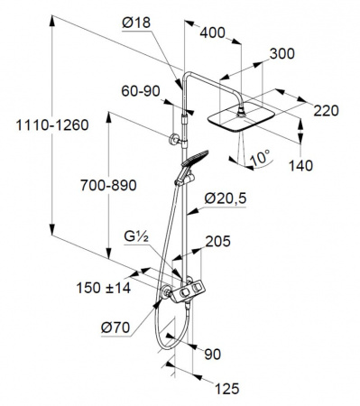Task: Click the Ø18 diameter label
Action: tap(136, 23)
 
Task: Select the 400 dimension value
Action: tap(212, 32)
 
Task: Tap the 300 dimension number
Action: tap(282, 54)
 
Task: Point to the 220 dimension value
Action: tap(326, 111)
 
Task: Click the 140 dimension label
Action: tap(300, 165)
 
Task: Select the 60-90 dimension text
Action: tap(141, 91)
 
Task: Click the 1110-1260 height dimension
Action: tap(52, 125)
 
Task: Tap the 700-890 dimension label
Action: tap(108, 185)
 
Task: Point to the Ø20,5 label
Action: tap(226, 198)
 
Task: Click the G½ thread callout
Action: tap(136, 237)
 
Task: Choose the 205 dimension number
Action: tap(217, 241)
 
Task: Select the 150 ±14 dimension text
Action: tap(104, 288)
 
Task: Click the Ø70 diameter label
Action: tap(115, 328)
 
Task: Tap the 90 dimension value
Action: tap(212, 355)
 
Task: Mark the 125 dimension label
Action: tap(226, 389)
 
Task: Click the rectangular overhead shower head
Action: tap(242, 118)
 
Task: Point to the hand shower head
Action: tap(195, 158)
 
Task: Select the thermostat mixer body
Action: tap(189, 291)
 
